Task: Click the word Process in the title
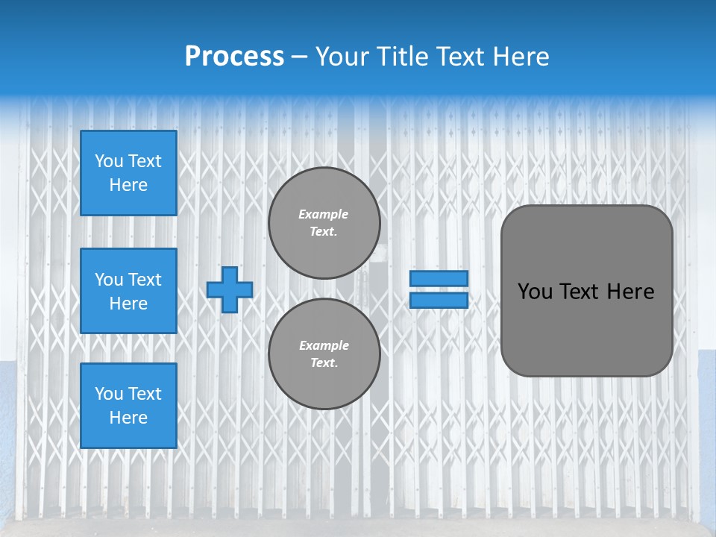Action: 234,57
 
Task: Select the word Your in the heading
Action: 343,57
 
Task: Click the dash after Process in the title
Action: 299,57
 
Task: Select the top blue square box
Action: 128,173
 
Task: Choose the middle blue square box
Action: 128,291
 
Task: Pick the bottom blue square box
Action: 128,406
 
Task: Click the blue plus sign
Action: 230,289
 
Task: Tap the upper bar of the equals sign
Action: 439,278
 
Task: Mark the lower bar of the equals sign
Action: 439,300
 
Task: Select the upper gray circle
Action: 324,223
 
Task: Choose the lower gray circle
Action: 324,354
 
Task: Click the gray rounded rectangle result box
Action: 586,328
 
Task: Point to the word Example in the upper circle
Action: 324,214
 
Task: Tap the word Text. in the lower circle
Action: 324,362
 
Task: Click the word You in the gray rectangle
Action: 535,292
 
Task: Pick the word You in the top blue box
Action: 109,161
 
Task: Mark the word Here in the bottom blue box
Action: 128,418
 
